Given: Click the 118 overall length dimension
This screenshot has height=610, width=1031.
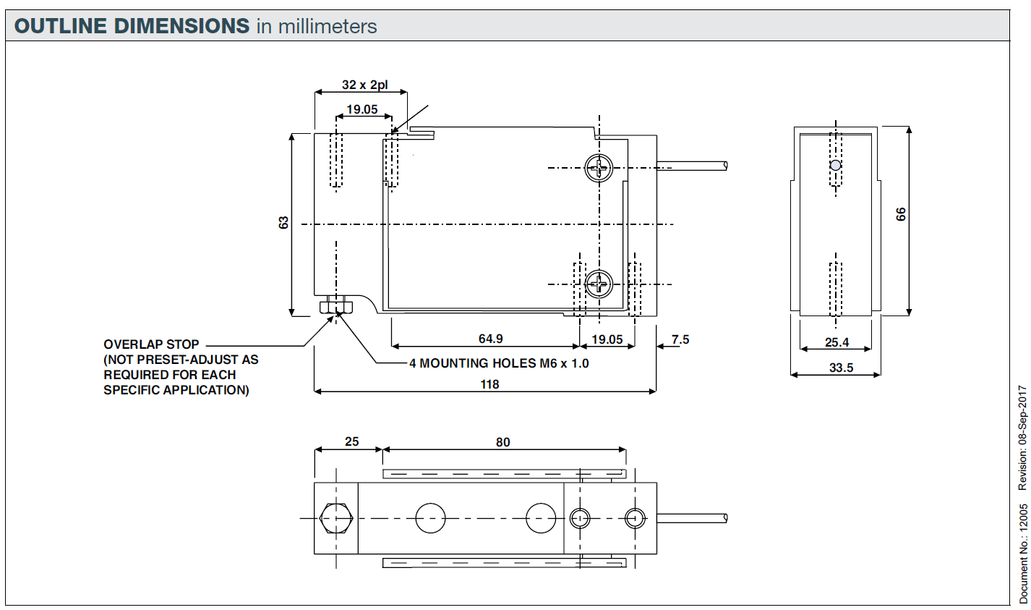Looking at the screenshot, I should [x=489, y=384].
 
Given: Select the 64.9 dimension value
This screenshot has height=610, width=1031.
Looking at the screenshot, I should [x=490, y=339].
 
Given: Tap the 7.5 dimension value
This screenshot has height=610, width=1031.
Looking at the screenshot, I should [x=680, y=339].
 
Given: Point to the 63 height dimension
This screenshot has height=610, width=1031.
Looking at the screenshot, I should [x=283, y=223].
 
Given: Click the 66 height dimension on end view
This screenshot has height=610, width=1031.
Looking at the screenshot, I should [x=900, y=214].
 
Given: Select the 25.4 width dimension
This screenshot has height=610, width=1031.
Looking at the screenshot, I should [x=837, y=342].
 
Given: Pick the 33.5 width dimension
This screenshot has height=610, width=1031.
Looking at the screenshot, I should [x=841, y=368].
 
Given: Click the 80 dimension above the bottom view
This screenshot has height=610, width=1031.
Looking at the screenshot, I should [x=502, y=442].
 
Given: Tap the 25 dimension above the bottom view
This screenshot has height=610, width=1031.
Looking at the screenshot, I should [x=351, y=441].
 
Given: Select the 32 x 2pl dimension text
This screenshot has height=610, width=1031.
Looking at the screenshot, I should [x=364, y=85].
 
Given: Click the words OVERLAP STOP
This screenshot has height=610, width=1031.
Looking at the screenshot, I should [x=151, y=344].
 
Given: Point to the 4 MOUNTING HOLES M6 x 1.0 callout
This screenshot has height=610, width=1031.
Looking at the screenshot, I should [x=499, y=363].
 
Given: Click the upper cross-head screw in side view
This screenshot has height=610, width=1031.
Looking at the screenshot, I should [x=599, y=169].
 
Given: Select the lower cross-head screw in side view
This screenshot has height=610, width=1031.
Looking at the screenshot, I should [x=599, y=283].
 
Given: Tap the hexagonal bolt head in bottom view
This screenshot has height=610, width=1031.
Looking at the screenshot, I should [x=335, y=518].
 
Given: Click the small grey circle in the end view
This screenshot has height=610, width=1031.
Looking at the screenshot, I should [x=836, y=165].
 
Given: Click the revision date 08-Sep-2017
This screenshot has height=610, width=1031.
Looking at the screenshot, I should [x=1022, y=437].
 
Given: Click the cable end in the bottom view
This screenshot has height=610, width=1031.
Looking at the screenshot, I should [x=724, y=518].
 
